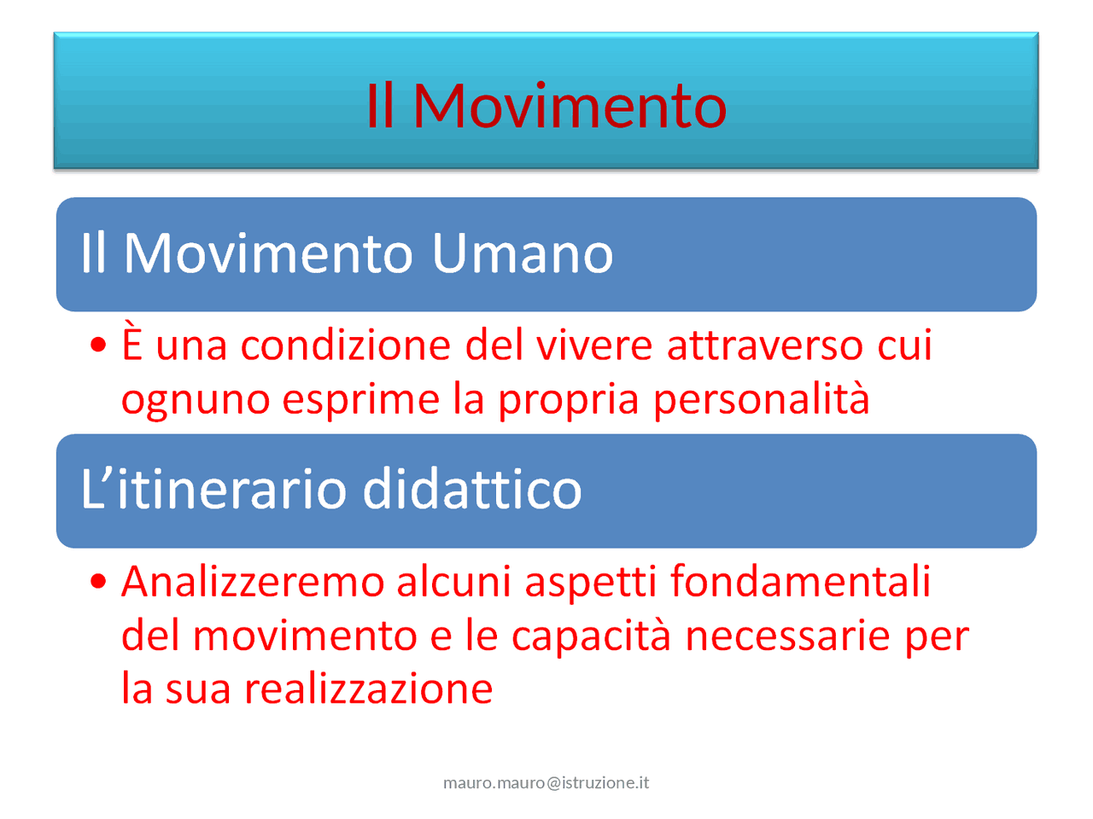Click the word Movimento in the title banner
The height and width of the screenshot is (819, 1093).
click(x=570, y=106)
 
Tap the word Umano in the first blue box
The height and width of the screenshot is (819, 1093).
click(x=522, y=253)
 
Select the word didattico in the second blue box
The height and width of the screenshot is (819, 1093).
click(x=471, y=490)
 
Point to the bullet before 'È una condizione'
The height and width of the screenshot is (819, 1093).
click(x=99, y=346)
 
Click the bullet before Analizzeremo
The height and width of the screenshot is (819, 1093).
click(x=99, y=582)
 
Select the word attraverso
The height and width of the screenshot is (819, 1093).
click(x=764, y=346)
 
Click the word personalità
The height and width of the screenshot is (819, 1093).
click(x=761, y=399)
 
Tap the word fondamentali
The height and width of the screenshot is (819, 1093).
click(x=800, y=582)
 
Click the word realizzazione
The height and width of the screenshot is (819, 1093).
click(x=368, y=689)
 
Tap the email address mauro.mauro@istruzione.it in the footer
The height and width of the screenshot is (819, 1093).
click(x=546, y=782)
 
